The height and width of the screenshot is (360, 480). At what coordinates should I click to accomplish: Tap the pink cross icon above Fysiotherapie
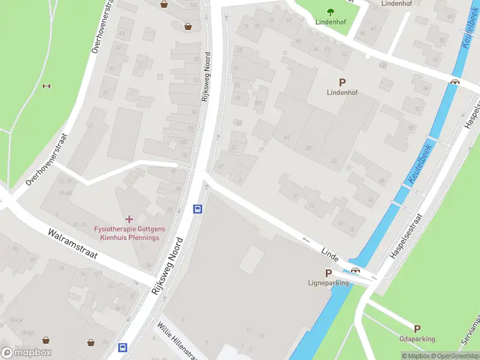(x=129, y=219)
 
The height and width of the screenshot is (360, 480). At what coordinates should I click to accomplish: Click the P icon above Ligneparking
(x=328, y=273)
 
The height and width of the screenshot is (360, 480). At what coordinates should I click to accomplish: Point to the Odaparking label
(x=416, y=338)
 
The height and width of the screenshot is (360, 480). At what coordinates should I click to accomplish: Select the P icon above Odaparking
(x=417, y=328)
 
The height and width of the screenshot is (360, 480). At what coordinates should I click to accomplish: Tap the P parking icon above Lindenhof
(x=343, y=83)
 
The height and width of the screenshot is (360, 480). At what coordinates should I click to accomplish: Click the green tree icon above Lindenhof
(x=331, y=11)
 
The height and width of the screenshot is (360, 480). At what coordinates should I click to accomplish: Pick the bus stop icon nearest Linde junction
(x=197, y=209)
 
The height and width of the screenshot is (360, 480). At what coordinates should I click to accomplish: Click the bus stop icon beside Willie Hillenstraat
(x=122, y=347)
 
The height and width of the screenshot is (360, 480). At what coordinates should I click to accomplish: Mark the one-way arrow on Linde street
(x=306, y=239)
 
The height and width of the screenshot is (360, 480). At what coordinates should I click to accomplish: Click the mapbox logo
(x=26, y=352)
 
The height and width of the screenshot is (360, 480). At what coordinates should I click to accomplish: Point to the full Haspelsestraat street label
(x=407, y=236)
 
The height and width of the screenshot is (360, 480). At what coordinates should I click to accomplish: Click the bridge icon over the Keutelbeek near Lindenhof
(x=455, y=82)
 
